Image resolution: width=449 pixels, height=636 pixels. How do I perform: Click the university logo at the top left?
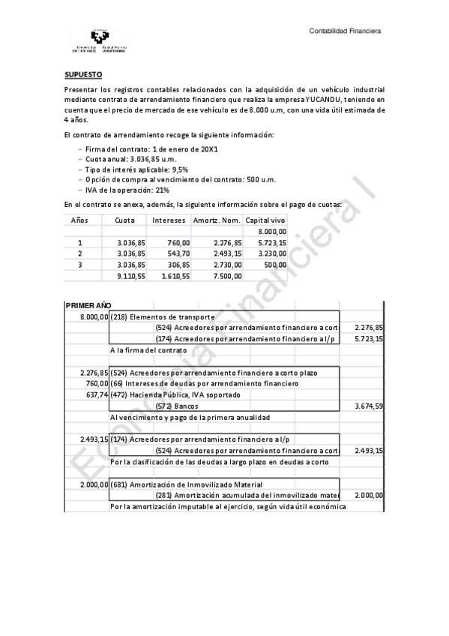[98, 40]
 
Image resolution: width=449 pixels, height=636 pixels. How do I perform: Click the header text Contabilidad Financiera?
[346, 31]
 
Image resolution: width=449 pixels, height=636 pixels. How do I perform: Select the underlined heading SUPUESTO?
[82, 76]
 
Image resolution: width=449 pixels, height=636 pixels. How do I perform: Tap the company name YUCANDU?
[323, 99]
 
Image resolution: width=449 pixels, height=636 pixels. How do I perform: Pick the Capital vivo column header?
[266, 220]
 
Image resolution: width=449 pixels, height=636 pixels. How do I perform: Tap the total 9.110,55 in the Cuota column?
[131, 276]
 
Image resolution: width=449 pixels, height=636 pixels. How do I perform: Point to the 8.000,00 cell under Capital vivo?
[271, 232]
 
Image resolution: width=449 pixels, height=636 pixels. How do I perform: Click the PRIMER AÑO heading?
[88, 306]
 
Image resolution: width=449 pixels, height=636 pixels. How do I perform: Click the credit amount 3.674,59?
[369, 406]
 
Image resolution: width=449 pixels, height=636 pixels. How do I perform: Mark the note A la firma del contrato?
[148, 350]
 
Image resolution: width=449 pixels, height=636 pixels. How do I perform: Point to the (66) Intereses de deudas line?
[203, 383]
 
